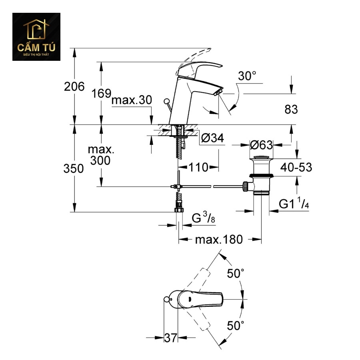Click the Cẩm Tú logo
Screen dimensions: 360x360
click(36, 37)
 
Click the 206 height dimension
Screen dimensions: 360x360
click(74, 86)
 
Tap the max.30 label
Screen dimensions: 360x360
click(132, 100)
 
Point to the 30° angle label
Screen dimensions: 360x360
click(247, 76)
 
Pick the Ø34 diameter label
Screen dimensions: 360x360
click(212, 138)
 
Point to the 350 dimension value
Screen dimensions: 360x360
click(74, 169)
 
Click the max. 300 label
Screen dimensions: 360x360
click(101, 156)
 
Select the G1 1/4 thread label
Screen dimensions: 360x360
click(294, 204)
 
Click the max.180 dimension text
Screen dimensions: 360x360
click(219, 240)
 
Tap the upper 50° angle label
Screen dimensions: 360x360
click(236, 274)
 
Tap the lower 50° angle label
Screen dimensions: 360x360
click(236, 325)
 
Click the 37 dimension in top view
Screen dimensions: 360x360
click(171, 338)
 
